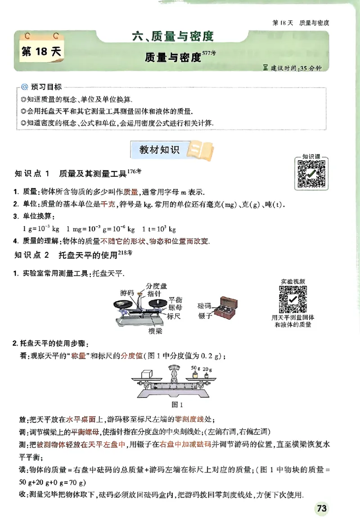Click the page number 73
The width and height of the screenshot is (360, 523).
321,509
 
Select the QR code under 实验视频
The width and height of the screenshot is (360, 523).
292,299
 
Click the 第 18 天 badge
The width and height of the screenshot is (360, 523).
41,52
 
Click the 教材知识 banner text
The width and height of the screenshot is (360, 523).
159,150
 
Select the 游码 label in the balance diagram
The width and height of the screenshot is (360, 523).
127,293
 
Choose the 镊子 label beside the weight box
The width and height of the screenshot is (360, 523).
204,317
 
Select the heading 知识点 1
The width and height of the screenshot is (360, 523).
34,174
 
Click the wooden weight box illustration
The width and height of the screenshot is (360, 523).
226,309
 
